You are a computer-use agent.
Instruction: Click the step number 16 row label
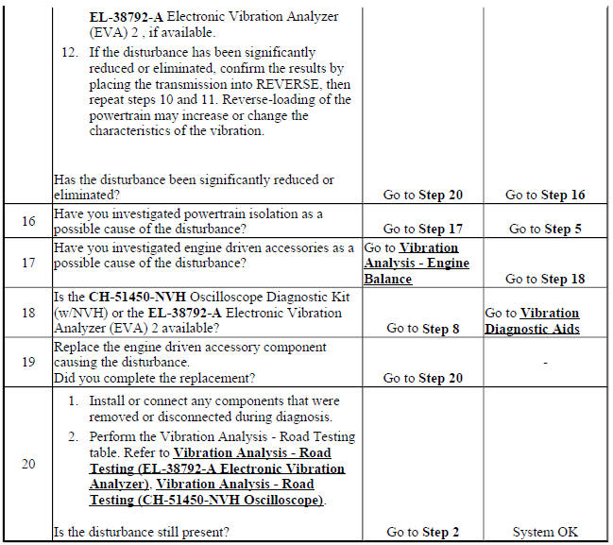(27, 222)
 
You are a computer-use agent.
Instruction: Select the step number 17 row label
(27, 263)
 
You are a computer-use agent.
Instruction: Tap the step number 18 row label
(27, 313)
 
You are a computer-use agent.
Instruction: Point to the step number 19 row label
(27, 362)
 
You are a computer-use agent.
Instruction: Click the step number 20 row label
(27, 463)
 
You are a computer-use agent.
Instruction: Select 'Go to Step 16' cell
(545, 196)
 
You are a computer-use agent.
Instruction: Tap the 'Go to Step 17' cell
(422, 229)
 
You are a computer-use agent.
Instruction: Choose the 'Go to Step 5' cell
(545, 229)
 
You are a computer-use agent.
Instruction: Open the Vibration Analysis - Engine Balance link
(417, 264)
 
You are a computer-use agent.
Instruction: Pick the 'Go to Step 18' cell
(545, 279)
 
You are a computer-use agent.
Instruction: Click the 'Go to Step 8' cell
(422, 329)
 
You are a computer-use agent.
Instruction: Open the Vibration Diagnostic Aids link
(533, 321)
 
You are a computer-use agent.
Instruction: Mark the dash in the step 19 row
(546, 362)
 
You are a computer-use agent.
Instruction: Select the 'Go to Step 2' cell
(422, 533)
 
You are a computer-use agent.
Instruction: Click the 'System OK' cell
(545, 533)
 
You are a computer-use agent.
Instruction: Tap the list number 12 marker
(68, 53)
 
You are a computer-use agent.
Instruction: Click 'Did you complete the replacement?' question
(154, 379)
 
